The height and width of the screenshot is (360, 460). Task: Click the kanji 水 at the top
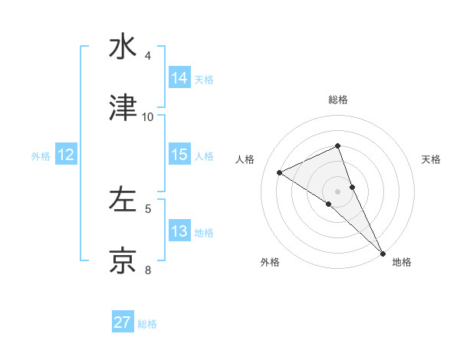coord(123,47)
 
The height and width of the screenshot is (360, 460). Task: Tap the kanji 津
coord(123,108)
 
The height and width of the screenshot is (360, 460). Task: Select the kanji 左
coord(123,200)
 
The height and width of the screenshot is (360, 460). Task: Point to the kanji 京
coord(123,260)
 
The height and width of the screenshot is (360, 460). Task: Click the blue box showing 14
coord(179,77)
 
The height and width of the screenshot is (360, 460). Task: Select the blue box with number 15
coord(179,155)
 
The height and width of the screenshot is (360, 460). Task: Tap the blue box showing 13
coord(179,231)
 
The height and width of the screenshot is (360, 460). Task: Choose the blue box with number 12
coord(66,155)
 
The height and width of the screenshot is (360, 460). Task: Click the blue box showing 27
coord(123,322)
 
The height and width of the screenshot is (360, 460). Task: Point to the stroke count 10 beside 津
coord(148,116)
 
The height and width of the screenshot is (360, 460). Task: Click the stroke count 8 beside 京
coord(148,270)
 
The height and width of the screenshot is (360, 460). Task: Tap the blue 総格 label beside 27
coord(148,324)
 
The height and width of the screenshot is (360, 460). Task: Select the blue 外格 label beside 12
coord(41,155)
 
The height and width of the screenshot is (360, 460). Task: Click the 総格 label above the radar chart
coord(338,100)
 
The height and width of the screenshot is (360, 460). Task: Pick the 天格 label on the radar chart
coord(432,159)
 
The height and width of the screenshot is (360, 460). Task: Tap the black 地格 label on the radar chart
coord(402,262)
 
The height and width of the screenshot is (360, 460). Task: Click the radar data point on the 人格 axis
coord(280,172)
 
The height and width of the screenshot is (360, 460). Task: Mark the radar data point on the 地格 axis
coord(382,252)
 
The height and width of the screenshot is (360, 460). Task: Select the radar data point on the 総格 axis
coord(338,146)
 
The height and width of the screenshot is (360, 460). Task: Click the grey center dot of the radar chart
coord(338,191)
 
